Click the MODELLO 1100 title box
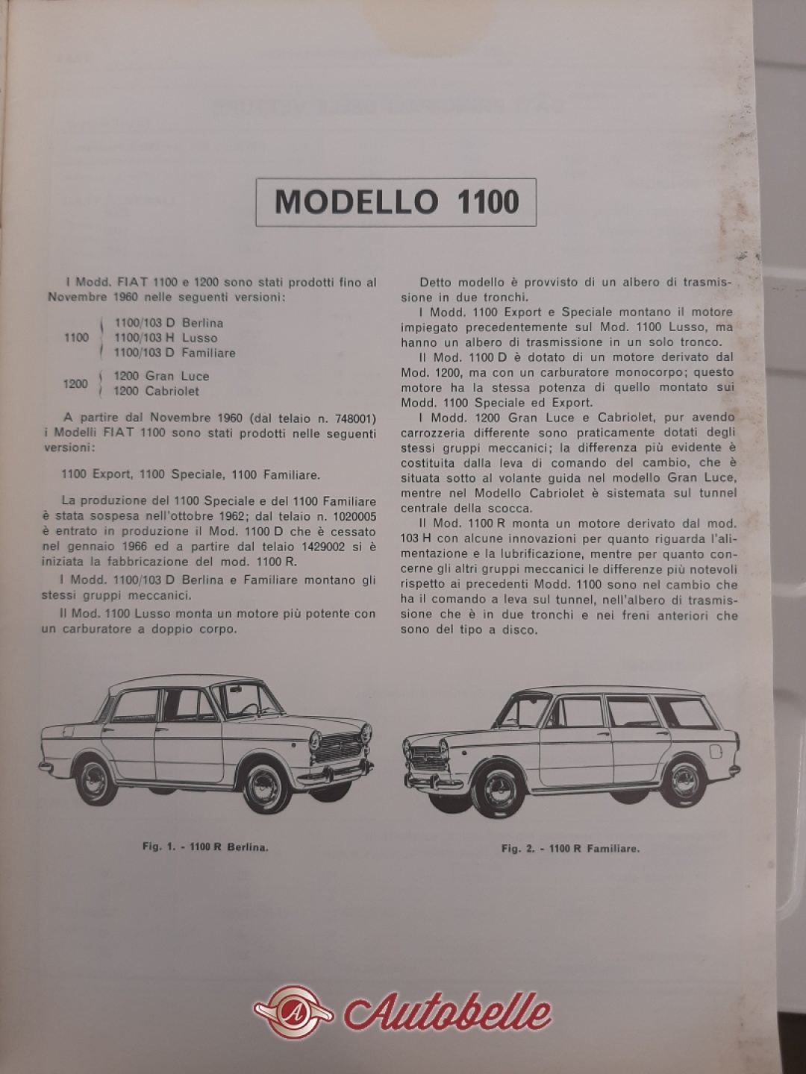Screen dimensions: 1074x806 396,202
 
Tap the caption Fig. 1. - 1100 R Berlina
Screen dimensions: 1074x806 205,847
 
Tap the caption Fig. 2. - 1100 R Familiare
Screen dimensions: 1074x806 571,848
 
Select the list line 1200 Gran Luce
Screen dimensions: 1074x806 161,376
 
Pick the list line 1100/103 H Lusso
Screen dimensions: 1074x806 165,338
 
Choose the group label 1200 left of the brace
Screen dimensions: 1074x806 76,384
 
